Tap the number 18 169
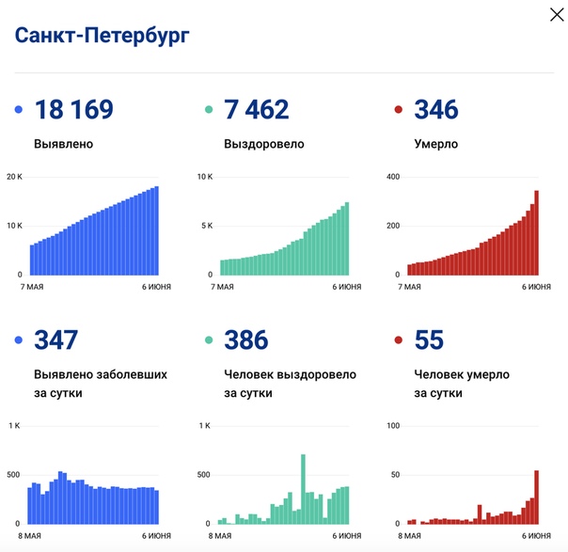pos(73,110)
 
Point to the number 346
pos(436,110)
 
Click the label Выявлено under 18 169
pos(63,145)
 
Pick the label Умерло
pos(436,145)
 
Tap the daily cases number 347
pos(56,339)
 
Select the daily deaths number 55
pos(429,339)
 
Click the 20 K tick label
pos(14,177)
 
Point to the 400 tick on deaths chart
pos(392,177)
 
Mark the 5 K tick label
pos(206,226)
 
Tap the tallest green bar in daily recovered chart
pos(304,489)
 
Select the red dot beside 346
pos(399,111)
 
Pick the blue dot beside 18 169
pos(19,111)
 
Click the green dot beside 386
pos(209,340)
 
